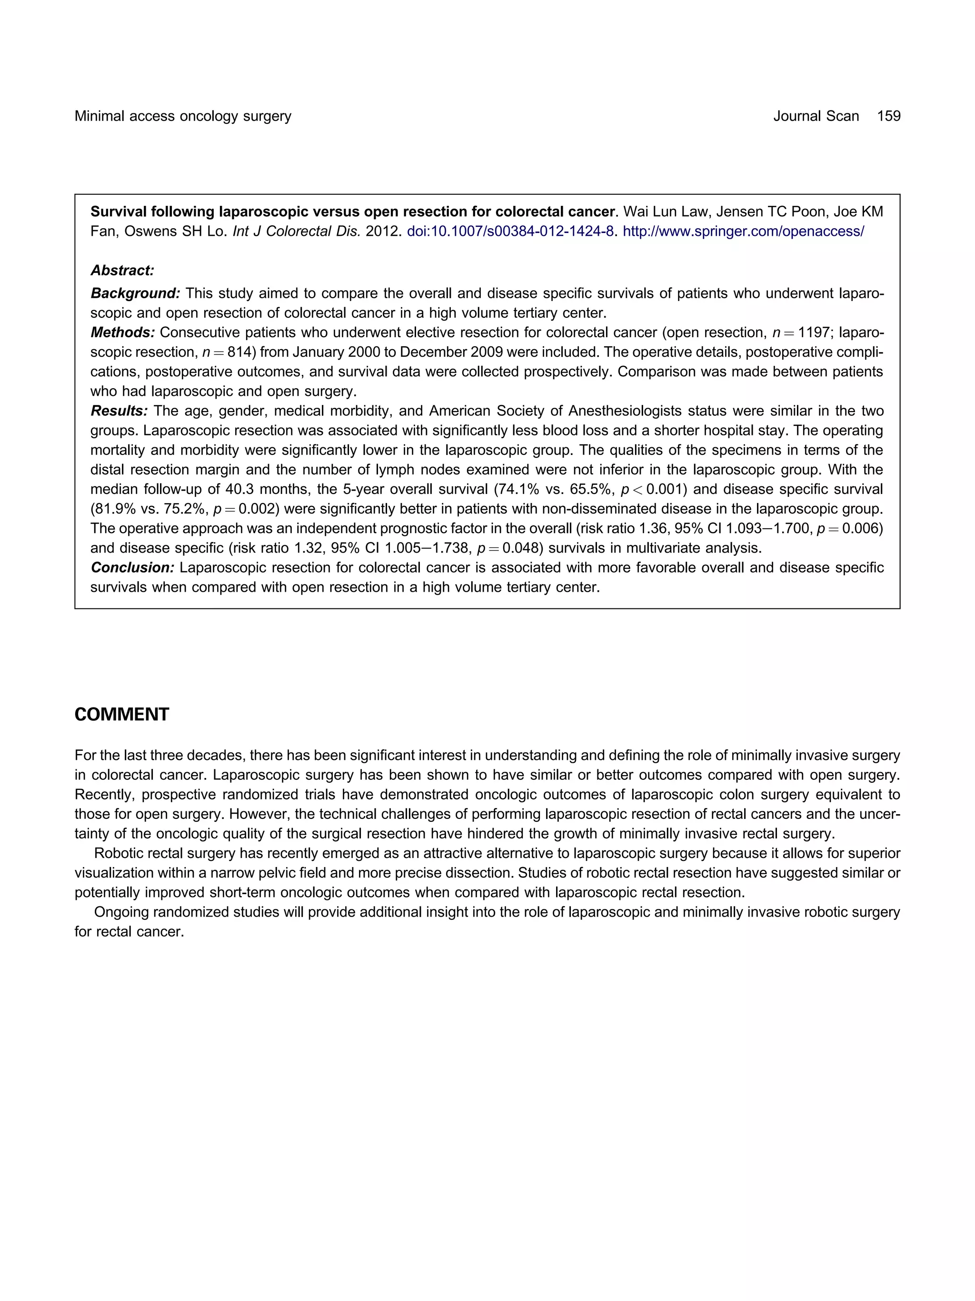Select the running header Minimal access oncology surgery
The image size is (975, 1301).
point(183,116)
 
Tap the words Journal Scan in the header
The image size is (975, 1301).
point(816,116)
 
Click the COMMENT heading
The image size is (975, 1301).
point(122,715)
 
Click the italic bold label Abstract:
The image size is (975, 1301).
point(122,271)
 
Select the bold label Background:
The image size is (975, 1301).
point(135,293)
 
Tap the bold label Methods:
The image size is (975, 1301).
point(122,333)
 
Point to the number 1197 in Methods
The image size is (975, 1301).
point(814,333)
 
